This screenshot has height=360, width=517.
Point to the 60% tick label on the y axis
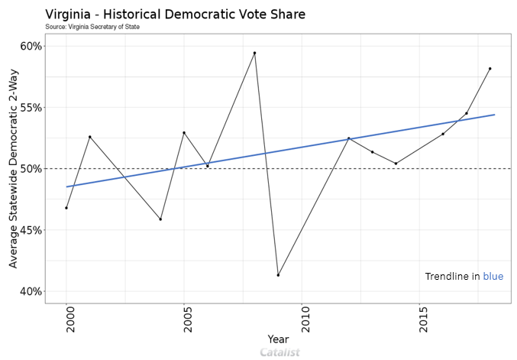31,46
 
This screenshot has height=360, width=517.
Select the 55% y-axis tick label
31,107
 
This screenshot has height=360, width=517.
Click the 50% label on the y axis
31,168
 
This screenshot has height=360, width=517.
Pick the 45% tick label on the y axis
31,230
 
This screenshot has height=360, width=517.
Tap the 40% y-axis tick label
31,291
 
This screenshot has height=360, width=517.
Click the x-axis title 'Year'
278,339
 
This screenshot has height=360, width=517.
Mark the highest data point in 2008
254,53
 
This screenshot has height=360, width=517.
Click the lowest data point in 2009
278,275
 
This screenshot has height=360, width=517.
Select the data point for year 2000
66,208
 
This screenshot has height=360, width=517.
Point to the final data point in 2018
490,69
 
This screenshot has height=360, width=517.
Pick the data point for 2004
160,219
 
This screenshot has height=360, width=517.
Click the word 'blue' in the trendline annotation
493,276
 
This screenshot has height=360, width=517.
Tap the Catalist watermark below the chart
280,352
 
